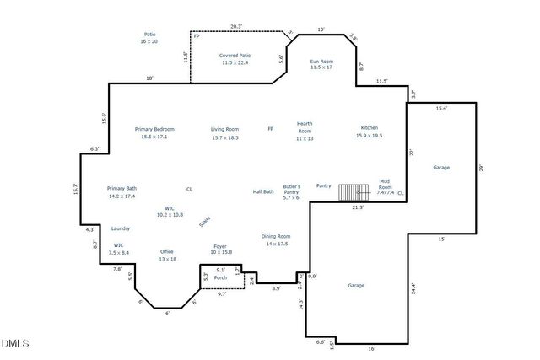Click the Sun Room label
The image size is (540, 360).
tap(321, 64)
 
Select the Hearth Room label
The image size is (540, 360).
tap(305, 131)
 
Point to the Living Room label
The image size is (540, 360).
tap(224, 132)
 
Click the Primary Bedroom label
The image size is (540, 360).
tap(154, 132)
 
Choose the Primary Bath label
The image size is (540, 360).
tap(121, 191)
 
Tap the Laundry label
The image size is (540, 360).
tap(120, 228)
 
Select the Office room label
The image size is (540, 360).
tap(167, 255)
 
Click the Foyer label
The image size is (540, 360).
tap(220, 250)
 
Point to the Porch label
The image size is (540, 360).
tap(220, 277)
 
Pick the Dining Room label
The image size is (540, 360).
tap(276, 239)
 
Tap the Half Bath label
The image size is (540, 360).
tap(263, 191)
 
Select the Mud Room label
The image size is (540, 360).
tap(385, 186)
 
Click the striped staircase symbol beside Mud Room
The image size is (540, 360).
tap(354, 192)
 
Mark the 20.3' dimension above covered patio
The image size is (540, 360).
tap(236, 27)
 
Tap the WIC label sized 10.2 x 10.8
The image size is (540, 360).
tap(170, 212)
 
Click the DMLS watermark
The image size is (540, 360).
tap(15, 343)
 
